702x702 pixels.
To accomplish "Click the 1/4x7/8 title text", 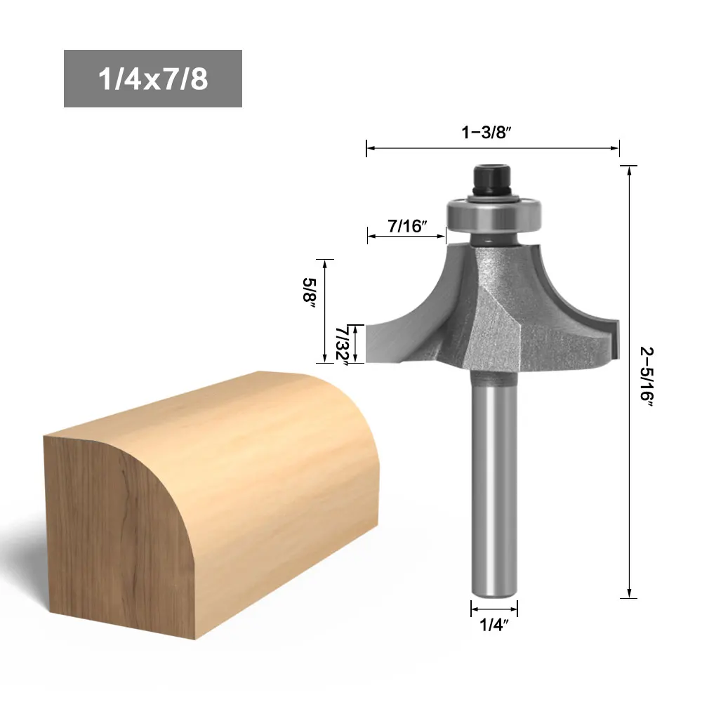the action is click(153, 79).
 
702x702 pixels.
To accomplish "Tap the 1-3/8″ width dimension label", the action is click(486, 132).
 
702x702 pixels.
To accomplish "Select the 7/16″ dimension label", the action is click(407, 226).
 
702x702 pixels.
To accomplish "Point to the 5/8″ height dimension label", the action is click(310, 292).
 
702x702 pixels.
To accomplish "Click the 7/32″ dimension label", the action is click(343, 346).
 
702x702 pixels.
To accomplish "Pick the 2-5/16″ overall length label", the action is click(647, 376).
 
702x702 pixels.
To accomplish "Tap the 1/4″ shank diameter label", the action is click(494, 625).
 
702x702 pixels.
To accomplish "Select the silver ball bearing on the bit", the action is click(494, 214).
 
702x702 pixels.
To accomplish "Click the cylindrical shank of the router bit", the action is click(494, 484).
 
